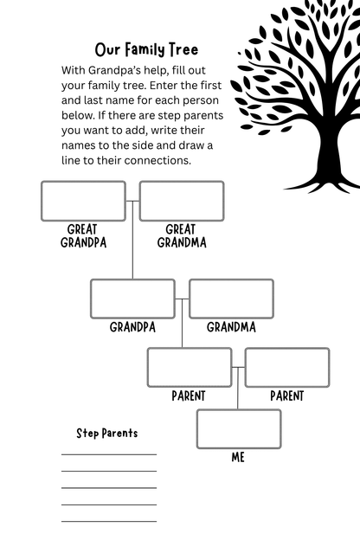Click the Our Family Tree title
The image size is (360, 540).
click(x=146, y=50)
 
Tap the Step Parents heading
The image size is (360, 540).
click(x=107, y=434)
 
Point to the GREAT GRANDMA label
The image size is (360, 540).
click(x=182, y=236)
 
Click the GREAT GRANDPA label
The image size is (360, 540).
click(x=83, y=236)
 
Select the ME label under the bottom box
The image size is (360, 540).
click(x=238, y=457)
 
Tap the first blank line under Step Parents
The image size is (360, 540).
click(x=109, y=454)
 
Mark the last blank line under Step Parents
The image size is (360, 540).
click(x=109, y=521)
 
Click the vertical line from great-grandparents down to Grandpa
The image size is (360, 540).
click(x=132, y=240)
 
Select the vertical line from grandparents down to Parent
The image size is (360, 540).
click(x=183, y=324)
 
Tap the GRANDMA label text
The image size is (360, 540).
click(x=232, y=327)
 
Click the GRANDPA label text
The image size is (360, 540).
click(x=132, y=327)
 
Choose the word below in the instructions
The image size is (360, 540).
click(x=78, y=115)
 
